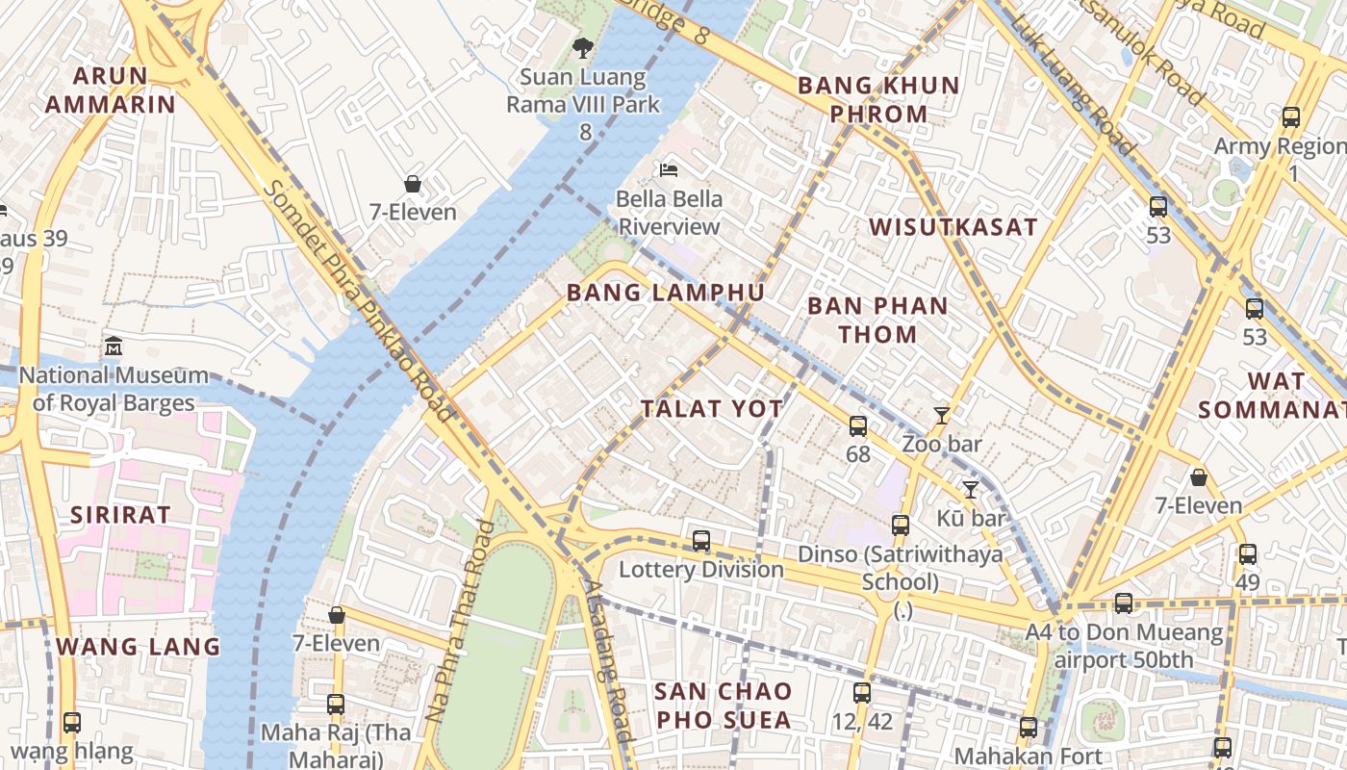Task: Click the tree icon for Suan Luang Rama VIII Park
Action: [582, 47]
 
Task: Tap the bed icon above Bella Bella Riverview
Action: [669, 170]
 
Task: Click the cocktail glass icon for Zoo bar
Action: [942, 416]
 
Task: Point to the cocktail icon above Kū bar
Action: [970, 490]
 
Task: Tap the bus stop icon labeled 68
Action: [857, 425]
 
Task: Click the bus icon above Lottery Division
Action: [701, 541]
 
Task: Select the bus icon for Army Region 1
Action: [1291, 117]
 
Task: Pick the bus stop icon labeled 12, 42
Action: [861, 692]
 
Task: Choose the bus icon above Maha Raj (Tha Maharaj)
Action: [335, 704]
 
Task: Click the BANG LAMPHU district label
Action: [665, 293]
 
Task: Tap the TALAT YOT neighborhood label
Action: [712, 408]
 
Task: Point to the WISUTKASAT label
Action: [953, 227]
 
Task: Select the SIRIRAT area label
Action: [120, 514]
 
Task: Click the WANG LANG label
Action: [138, 646]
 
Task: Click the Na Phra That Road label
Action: [460, 622]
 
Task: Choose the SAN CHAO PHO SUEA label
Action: [723, 705]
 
